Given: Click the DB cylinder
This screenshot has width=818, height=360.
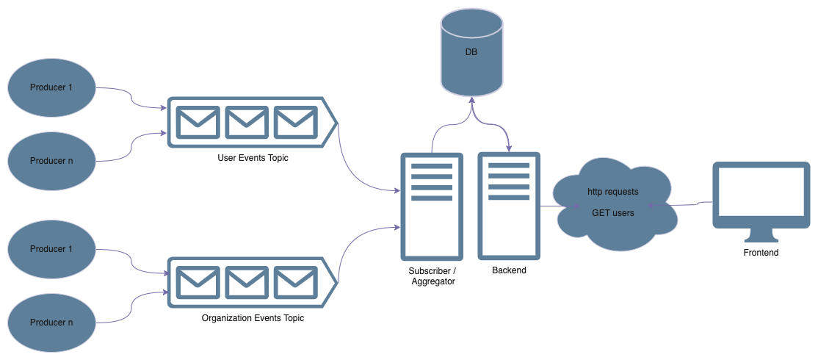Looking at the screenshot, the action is point(471,52).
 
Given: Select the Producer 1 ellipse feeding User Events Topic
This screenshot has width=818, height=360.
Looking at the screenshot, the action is point(51,87).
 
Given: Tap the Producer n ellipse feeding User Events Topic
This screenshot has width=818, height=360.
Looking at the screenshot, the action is point(51,161).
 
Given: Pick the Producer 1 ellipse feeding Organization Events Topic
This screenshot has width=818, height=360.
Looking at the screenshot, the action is point(51,249).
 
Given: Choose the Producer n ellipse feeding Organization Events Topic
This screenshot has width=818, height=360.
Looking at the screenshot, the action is point(51,323).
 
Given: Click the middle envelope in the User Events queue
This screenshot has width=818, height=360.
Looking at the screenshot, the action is point(247,122).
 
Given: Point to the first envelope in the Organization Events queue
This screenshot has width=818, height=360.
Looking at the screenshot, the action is point(198,282).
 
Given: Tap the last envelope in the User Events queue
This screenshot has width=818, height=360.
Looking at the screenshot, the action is point(296,122).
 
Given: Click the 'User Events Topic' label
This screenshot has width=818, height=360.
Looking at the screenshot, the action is point(253,158).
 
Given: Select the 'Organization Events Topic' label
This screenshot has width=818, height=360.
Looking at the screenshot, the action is point(253,317).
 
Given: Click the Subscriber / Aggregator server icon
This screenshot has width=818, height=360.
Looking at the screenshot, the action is point(432,206).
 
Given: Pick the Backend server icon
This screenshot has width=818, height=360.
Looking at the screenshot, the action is point(509,206).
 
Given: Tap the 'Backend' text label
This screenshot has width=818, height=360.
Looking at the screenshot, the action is point(509,270).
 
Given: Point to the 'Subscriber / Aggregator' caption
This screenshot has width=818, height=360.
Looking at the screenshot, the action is point(432,276).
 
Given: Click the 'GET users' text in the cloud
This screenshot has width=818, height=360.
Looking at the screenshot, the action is point(613,213).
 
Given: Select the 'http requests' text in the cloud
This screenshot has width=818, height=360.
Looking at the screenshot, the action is point(613,192).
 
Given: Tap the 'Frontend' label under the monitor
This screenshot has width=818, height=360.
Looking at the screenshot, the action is point(761,253).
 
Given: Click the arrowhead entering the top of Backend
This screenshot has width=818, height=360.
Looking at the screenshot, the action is point(509,148).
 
